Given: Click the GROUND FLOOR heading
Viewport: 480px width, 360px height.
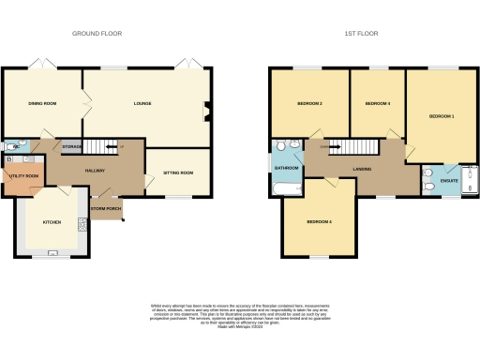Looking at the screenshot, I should pos(97,34).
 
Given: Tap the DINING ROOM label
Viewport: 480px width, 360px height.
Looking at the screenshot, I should pos(42,103).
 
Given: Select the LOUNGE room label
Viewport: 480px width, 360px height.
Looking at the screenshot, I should pos(142,102).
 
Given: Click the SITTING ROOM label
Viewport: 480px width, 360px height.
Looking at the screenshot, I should pos(177,172).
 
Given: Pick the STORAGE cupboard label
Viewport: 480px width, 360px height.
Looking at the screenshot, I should pos(72,147).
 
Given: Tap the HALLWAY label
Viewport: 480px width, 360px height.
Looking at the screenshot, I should pos(95,171).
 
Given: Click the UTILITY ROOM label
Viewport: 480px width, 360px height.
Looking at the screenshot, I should pos(24,176).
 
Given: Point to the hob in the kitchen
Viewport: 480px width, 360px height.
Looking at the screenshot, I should pos(82,223).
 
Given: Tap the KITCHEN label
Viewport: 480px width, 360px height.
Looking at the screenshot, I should pos(52,222).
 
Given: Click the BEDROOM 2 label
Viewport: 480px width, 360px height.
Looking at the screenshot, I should pos(310,103).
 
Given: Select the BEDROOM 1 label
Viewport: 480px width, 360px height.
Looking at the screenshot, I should pos(442,115).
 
